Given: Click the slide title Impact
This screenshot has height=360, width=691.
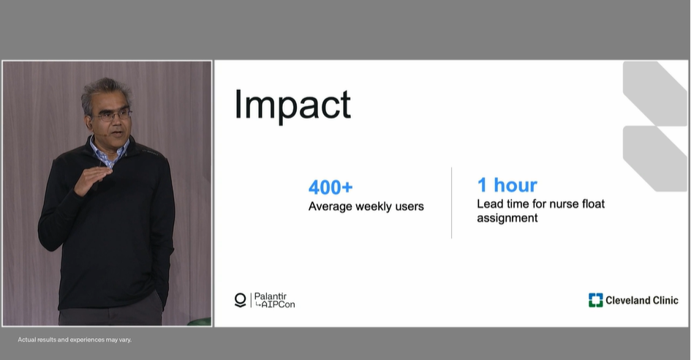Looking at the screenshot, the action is coord(292,105).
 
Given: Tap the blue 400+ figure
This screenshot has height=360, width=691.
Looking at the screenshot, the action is coord(331,187).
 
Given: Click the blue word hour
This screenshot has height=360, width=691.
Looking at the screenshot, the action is coord(516,185).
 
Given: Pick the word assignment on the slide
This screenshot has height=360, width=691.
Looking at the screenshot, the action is coord(507,218).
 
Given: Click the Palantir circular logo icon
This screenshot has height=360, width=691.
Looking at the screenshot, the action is coord(240,300).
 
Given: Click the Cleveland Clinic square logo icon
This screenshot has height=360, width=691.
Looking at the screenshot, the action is coord(595,300).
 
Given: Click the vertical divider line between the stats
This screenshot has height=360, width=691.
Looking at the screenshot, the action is coord(451,203).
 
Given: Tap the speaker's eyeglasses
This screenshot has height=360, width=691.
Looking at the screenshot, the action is coord(113,116).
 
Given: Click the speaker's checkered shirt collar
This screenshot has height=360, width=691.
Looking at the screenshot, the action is coord(109,152).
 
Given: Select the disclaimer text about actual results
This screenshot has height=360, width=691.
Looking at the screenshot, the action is coord(75,340).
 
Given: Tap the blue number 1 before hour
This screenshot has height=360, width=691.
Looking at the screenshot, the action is coord(482,185).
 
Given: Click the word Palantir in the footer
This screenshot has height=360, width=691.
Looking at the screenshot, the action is coord(270,296).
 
